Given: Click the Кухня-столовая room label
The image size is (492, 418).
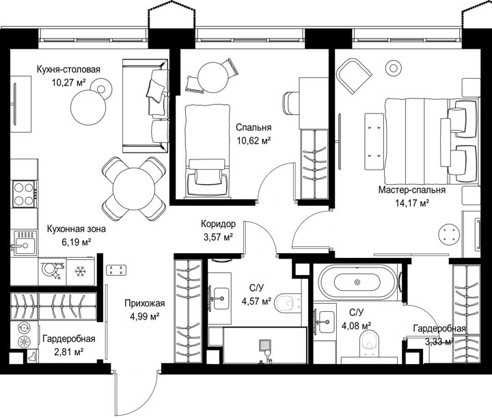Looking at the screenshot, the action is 68,69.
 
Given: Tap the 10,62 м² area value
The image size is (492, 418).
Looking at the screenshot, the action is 254,141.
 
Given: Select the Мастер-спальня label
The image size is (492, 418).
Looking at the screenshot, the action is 411,190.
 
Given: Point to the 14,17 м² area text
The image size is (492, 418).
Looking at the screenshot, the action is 412,203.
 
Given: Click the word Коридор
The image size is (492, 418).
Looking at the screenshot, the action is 218,224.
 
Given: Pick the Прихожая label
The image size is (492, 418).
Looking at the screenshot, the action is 145,303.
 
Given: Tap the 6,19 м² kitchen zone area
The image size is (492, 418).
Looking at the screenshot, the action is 77,241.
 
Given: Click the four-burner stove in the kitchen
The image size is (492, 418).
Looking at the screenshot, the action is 24,194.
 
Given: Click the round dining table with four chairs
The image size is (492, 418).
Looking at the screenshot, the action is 134,189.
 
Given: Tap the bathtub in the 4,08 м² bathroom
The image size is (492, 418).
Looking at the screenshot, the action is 357,282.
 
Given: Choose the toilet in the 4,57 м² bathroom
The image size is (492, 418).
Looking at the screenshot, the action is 288,303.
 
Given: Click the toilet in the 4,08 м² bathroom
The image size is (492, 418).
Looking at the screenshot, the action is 370,343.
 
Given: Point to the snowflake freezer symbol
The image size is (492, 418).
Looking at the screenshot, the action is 81,271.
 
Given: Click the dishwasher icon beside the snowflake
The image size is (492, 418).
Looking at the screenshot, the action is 53,271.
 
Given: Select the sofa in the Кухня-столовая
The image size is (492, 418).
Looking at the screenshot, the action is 146,106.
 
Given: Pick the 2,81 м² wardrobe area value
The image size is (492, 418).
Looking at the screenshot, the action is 69,352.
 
